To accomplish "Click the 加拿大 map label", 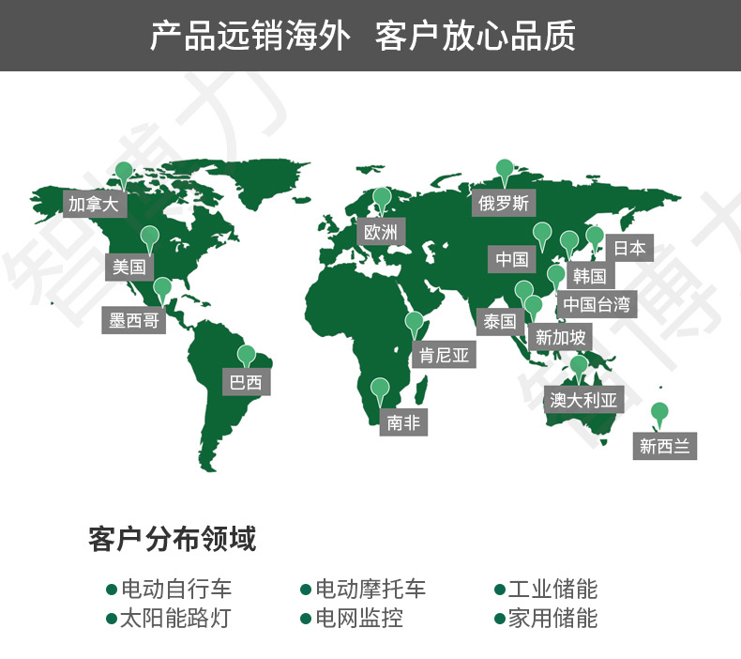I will pyautogui.click(x=92, y=204).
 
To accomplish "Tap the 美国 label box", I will pyautogui.click(x=129, y=267).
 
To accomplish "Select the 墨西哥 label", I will pyautogui.click(x=133, y=321).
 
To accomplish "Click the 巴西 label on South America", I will pyautogui.click(x=246, y=382).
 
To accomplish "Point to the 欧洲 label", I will pyautogui.click(x=381, y=232).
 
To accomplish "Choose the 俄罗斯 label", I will pyautogui.click(x=504, y=203).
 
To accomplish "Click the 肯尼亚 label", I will pyautogui.click(x=443, y=355).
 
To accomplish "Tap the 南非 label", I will pyautogui.click(x=403, y=422).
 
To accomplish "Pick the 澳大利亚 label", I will pyautogui.click(x=584, y=401).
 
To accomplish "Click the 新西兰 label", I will pyautogui.click(x=665, y=447).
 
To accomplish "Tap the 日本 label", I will pyautogui.click(x=629, y=249).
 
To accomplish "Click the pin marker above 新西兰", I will pyautogui.click(x=659, y=412).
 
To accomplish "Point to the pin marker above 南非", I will pyautogui.click(x=380, y=388).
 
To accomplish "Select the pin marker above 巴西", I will pyautogui.click(x=246, y=356).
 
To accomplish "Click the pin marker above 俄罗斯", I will pyautogui.click(x=505, y=170).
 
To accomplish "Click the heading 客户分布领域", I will pyautogui.click(x=172, y=540).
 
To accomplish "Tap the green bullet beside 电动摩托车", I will pyautogui.click(x=305, y=590).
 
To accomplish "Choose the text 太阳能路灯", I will pyautogui.click(x=174, y=619).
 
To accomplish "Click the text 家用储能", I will pyautogui.click(x=552, y=619).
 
